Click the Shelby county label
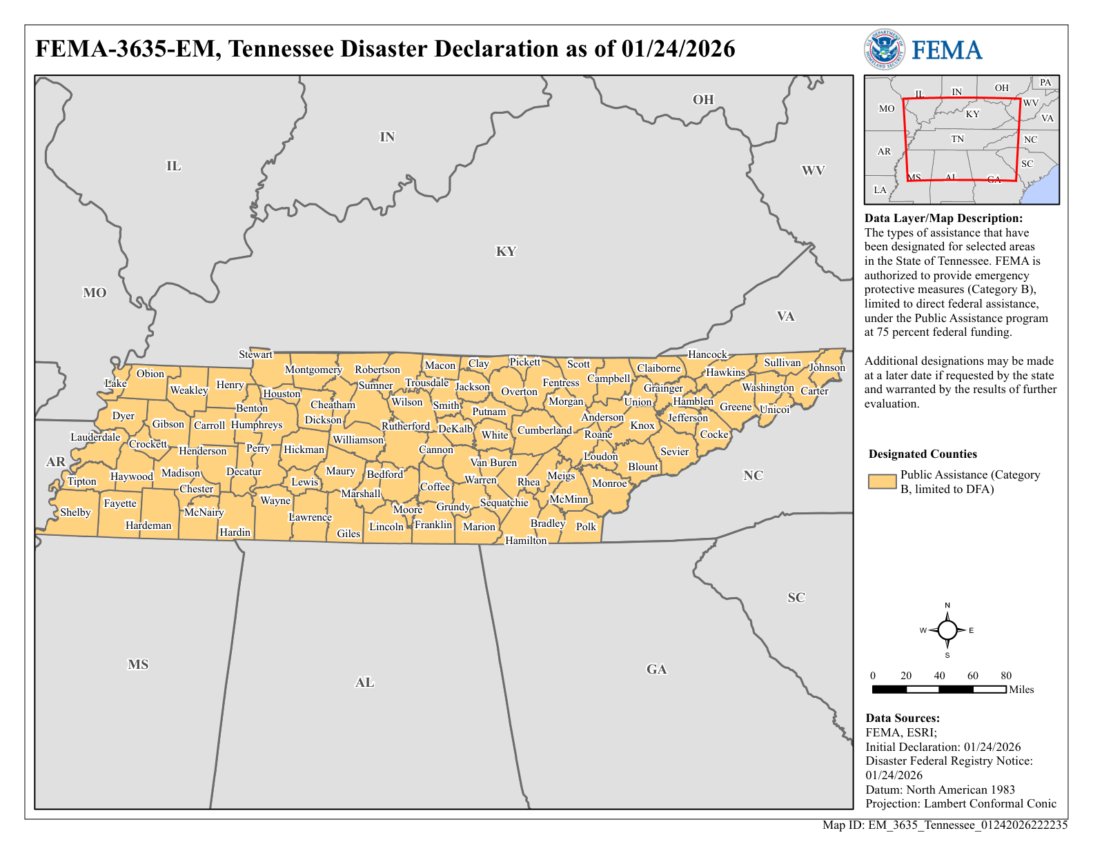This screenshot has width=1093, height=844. click(x=75, y=512)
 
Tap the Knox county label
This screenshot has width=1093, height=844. click(x=642, y=425)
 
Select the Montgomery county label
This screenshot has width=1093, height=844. click(x=313, y=370)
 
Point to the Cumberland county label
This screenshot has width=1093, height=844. click(x=544, y=430)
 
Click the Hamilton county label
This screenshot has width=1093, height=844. click(x=526, y=541)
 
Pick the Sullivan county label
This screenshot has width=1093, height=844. click(x=782, y=363)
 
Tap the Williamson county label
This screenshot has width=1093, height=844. click(x=358, y=440)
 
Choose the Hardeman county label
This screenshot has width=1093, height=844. click(x=148, y=525)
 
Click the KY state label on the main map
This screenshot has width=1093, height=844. click(x=506, y=252)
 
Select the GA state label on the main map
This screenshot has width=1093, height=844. click(x=656, y=670)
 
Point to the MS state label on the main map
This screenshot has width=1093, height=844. click(x=138, y=665)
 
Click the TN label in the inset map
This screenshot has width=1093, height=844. click(x=957, y=139)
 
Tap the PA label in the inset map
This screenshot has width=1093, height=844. click(x=1045, y=83)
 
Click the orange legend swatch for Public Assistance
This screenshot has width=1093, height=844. click(x=882, y=482)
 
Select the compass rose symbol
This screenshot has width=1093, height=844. click(x=947, y=630)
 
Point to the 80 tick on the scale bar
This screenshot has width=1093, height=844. click(x=1006, y=676)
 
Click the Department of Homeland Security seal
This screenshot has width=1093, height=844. click(x=884, y=50)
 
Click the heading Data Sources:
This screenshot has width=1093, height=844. click(x=903, y=719)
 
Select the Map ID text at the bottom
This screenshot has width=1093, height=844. click(x=945, y=825)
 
